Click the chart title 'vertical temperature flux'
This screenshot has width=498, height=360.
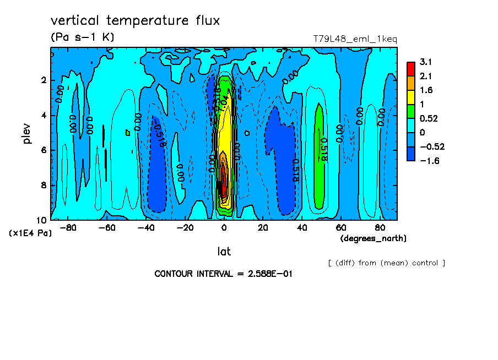[135, 21]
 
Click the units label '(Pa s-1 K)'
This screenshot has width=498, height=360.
[82, 37]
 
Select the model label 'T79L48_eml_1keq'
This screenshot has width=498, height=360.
[355, 39]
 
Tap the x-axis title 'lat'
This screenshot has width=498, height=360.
[224, 252]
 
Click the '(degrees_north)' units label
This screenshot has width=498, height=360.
[373, 238]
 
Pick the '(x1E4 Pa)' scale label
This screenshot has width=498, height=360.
[30, 233]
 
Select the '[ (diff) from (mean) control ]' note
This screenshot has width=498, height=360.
[386, 263]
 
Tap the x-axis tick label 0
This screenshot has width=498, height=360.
[224, 228]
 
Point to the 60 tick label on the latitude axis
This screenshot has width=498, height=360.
[340, 228]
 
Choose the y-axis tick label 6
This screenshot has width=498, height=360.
[44, 150]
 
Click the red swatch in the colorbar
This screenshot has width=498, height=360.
[411, 69]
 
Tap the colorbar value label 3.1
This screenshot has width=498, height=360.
[425, 62]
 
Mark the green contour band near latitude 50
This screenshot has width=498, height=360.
[319, 160]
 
